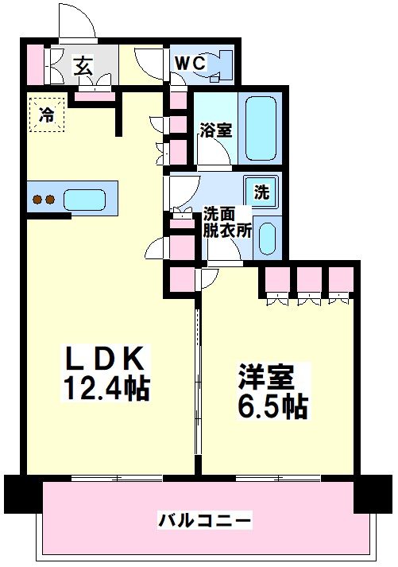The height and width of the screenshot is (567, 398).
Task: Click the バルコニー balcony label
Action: [x=204, y=521]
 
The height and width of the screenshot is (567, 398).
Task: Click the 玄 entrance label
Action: [x=83, y=65]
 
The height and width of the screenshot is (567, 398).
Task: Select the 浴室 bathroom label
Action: [x=216, y=130]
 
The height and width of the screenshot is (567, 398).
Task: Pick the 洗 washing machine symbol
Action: [x=261, y=191]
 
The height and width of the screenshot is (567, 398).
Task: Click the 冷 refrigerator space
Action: [x=47, y=114]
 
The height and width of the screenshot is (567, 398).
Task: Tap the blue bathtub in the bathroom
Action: [x=261, y=129]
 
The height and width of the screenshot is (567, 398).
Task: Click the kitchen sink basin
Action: [x=87, y=199]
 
